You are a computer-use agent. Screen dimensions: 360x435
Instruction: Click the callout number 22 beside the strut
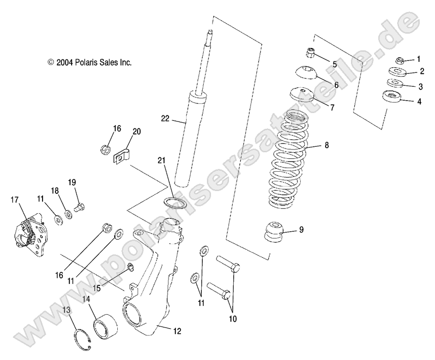click(165, 119)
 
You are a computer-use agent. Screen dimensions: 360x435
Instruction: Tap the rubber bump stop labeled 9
click(275, 231)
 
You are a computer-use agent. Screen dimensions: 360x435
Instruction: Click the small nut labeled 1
click(400, 60)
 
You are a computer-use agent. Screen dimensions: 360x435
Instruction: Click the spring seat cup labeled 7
click(302, 94)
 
